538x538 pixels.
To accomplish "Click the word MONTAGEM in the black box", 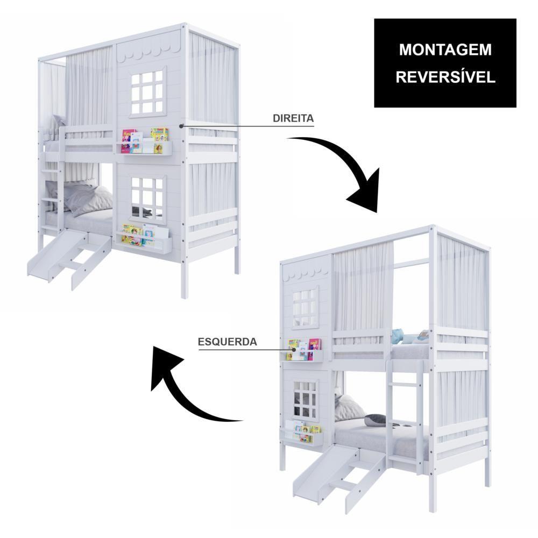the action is coord(445,49).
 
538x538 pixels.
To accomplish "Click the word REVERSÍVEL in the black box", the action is coord(445,77).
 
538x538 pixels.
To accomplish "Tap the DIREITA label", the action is coord(293,118).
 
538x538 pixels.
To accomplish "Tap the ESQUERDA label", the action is coord(228,342).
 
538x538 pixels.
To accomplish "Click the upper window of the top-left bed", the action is coord(147,92).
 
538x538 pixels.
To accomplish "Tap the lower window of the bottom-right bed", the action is coord(305,400).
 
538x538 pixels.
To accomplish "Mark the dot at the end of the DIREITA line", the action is coord(181,126).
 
